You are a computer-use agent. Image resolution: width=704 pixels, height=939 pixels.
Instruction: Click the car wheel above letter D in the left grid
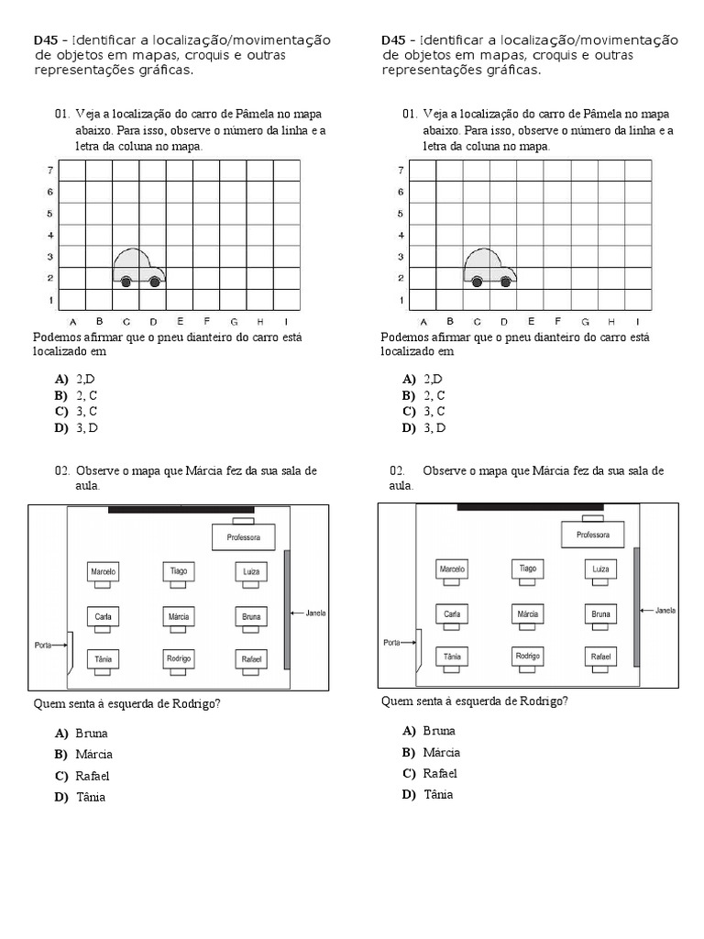[x=154, y=282]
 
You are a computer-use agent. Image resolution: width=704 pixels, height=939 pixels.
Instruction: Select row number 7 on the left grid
[x=50, y=171]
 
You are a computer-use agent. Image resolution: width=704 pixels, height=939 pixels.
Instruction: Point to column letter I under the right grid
[x=637, y=321]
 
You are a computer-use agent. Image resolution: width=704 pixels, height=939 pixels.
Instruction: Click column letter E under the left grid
[x=180, y=321]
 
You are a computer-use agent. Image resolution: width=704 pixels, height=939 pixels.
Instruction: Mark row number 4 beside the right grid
[x=401, y=235]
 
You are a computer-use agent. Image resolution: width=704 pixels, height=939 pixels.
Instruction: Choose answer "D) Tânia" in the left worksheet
[x=81, y=797]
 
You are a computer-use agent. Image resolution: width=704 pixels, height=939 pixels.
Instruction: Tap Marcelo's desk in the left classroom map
[x=104, y=571]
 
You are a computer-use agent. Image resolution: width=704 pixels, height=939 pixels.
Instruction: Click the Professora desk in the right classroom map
[x=592, y=535]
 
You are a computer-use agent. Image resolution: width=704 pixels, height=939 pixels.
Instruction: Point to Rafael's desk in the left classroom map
[x=251, y=658]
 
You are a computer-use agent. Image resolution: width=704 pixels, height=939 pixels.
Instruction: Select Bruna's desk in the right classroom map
[x=599, y=614]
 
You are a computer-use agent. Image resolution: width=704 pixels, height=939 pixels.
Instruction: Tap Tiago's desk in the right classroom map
[x=527, y=569]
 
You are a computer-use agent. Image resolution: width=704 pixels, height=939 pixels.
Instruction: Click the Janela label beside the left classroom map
[x=313, y=613]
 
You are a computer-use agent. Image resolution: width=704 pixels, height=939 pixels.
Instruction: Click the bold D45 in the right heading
[x=392, y=40]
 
